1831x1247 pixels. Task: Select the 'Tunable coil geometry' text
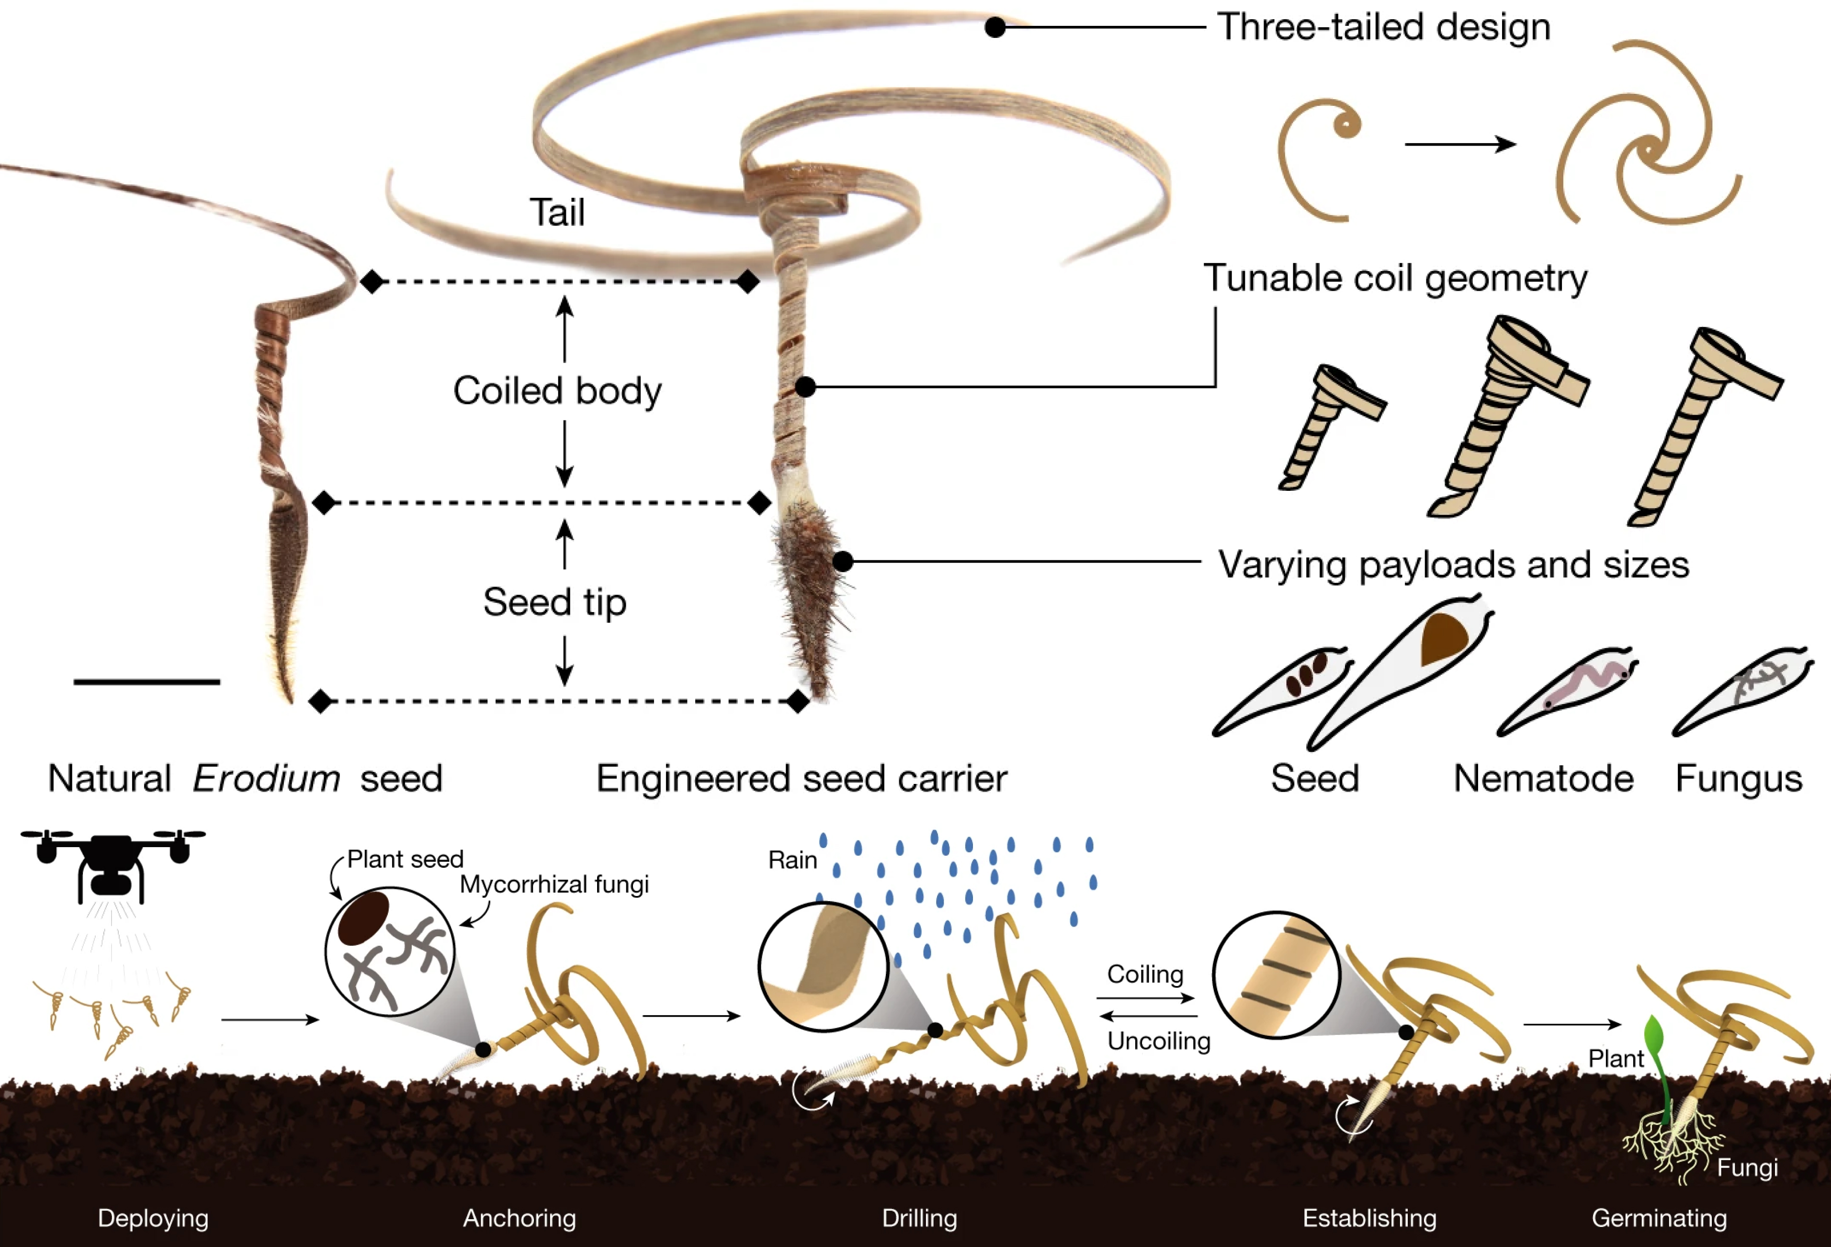click(x=1394, y=279)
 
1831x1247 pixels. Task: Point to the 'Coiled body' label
click(x=557, y=391)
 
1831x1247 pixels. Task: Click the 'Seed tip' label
click(x=554, y=602)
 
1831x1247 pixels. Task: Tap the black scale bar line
click(x=147, y=681)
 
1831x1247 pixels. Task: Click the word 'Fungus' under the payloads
click(x=1738, y=779)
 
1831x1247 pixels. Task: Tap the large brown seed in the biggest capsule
click(x=1443, y=638)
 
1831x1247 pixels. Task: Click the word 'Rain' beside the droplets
click(x=792, y=860)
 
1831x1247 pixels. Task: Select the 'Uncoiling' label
click(x=1158, y=1042)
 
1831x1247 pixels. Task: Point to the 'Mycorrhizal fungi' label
click(x=554, y=884)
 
